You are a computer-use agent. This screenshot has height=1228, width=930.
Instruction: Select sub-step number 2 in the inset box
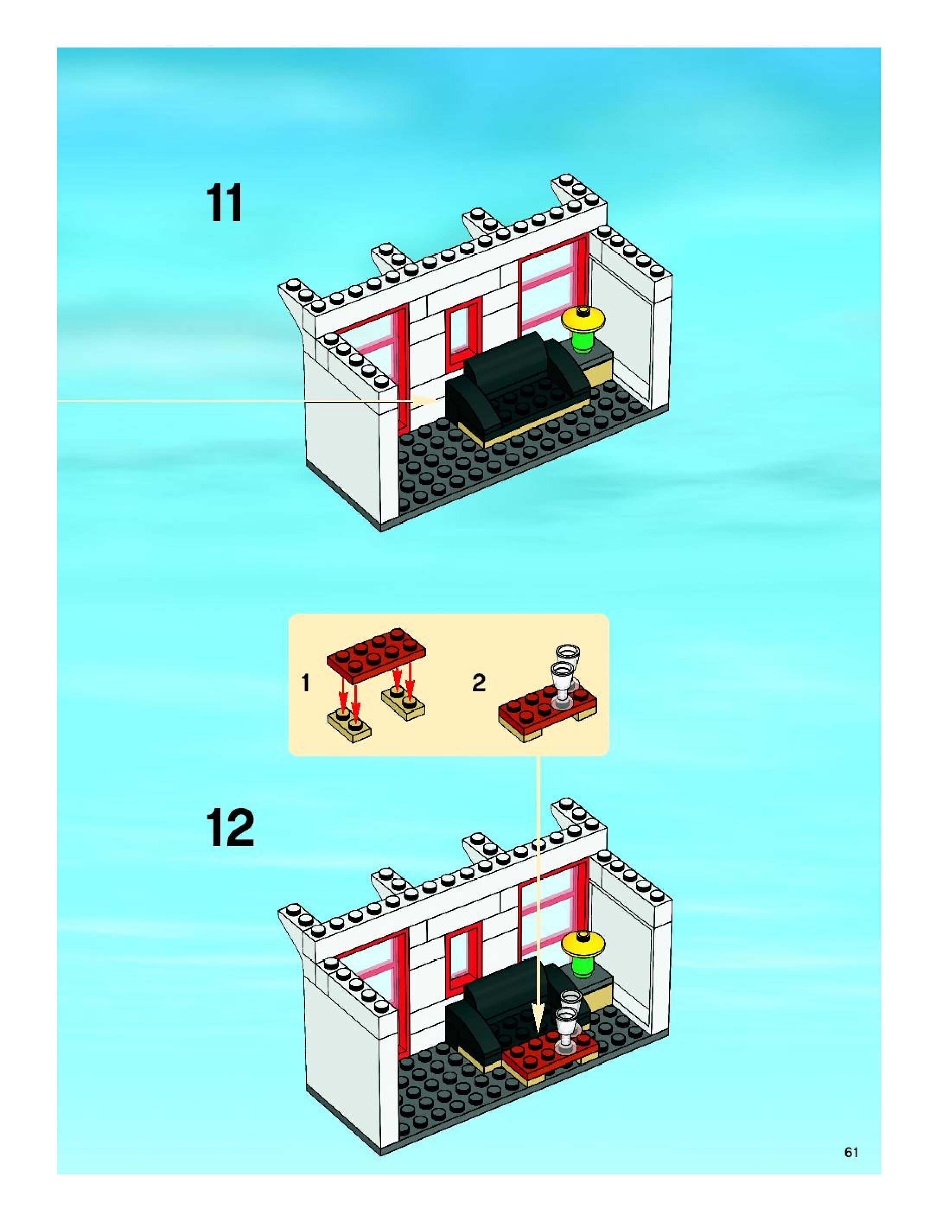point(478,683)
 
